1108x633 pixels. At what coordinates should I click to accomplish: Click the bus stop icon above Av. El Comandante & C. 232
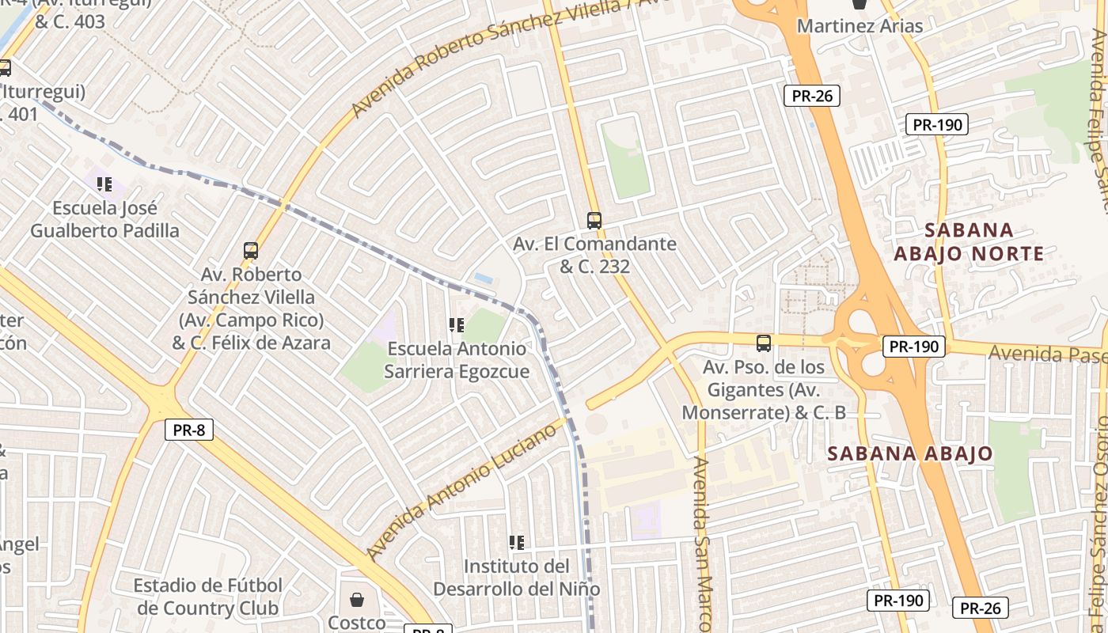[594, 221]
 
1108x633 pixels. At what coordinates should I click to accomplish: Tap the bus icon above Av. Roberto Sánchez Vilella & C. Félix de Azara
[251, 251]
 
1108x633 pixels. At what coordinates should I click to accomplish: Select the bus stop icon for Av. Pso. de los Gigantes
[763, 343]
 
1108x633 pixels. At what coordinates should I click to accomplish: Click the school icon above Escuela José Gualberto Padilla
[104, 184]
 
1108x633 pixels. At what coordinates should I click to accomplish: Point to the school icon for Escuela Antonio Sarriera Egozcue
[456, 324]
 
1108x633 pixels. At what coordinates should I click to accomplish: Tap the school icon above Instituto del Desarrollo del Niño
[517, 543]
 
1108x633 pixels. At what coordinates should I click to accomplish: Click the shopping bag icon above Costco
[357, 599]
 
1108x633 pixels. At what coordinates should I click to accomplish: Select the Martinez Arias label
[859, 26]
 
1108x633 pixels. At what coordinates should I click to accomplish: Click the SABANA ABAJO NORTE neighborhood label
[969, 242]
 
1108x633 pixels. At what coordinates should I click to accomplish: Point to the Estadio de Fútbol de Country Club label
[209, 597]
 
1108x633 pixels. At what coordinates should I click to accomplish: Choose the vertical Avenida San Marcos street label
[704, 546]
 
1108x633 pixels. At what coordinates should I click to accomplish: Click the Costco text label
[357, 623]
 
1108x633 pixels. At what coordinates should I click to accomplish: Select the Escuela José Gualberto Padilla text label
[104, 219]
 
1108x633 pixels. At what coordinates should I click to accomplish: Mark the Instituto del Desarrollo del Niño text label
[516, 578]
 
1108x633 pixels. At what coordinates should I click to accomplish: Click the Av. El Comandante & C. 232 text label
[594, 255]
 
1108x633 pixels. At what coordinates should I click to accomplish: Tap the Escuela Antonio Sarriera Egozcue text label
[457, 360]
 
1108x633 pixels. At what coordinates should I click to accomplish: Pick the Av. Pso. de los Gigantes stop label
[764, 390]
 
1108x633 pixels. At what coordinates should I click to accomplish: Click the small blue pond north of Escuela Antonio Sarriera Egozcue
[483, 279]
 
